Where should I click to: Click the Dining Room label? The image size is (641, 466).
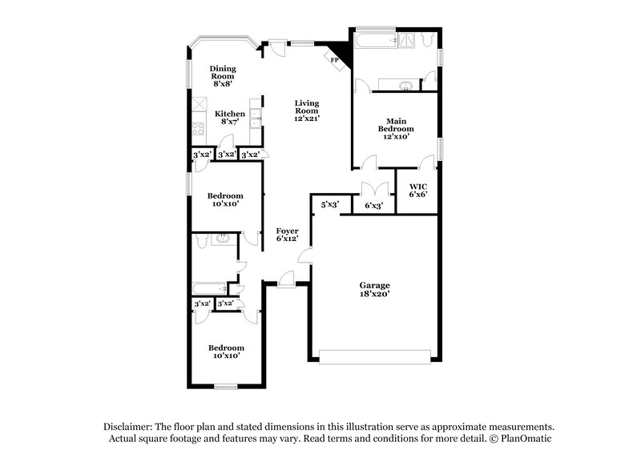tap(223, 74)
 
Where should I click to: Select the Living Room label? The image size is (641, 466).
tap(306, 110)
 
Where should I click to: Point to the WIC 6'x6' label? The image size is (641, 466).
tap(417, 191)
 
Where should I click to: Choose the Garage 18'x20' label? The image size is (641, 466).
tap(374, 289)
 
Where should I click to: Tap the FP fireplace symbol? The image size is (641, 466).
tap(335, 59)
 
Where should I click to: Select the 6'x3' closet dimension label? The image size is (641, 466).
tap(374, 206)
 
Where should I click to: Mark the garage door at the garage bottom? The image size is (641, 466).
tap(374, 356)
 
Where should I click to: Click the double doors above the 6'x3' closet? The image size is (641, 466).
tap(374, 189)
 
